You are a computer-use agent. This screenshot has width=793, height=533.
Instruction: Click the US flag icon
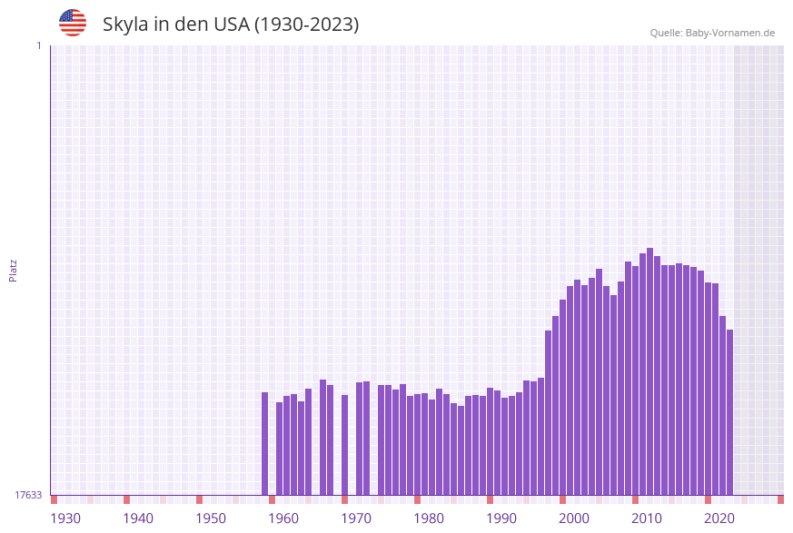coord(73,23)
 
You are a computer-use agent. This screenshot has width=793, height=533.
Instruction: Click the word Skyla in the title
coord(125,25)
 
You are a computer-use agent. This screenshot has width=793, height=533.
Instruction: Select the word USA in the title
coord(231,25)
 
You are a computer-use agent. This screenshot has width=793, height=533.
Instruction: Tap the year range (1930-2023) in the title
coord(306,25)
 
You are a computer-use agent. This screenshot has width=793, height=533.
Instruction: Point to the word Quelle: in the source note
coord(666,33)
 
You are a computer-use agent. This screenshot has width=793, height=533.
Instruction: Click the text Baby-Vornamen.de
coord(729,33)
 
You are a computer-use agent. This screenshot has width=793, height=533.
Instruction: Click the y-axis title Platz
coord(14,270)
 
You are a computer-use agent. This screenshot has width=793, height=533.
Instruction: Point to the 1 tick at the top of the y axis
coord(38,45)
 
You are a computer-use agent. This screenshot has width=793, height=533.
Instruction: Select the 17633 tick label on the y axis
coord(28,495)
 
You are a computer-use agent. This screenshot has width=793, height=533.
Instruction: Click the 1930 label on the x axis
coord(65,518)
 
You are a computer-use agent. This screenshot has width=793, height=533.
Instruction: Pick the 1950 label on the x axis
coord(211,518)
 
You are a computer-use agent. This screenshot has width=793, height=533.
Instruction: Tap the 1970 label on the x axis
coord(356,518)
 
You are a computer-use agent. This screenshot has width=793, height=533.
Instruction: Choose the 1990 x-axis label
coord(501,518)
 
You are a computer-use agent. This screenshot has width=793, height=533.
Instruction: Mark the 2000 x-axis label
coord(574,518)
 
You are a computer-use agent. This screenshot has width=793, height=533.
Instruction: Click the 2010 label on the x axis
coord(647,518)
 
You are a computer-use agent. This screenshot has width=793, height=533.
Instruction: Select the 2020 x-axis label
coord(719,518)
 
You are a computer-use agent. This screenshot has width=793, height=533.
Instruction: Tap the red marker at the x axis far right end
coord(780,499)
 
